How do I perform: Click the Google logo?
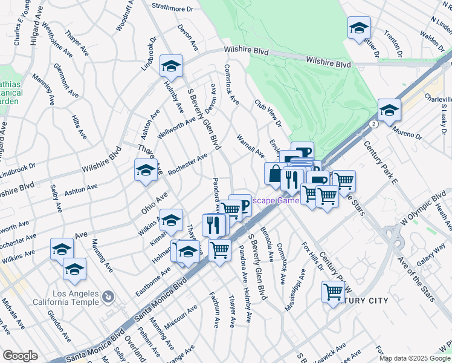tap(20, 356)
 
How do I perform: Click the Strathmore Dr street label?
tap(172, 9)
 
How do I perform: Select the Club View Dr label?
tap(268, 113)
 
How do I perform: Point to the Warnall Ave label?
tap(250, 145)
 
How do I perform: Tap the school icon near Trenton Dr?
tap(359, 28)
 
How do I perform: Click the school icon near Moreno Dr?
tap(390, 111)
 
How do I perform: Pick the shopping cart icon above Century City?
tap(334, 292)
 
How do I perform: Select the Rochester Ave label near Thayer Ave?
tap(188, 165)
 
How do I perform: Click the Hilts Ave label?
tap(79, 127)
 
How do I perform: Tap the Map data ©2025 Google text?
tap(414, 358)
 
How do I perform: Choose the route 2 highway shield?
tap(375, 123)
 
